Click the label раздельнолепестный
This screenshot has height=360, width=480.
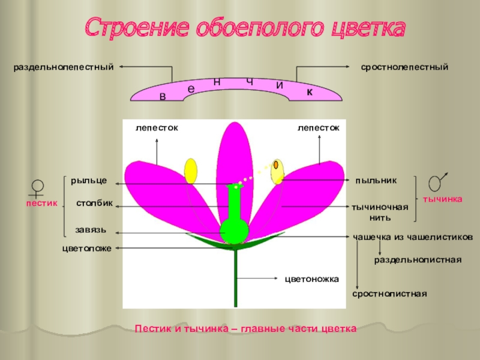pyautogui.click(x=64, y=67)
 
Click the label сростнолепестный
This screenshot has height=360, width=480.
pyautogui.click(x=404, y=67)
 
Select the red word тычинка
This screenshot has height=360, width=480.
pyautogui.click(x=443, y=199)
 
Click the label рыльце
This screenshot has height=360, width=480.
pyautogui.click(x=89, y=180)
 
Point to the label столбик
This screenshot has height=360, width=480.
pyautogui.click(x=94, y=203)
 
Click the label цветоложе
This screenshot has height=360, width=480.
pyautogui.click(x=87, y=248)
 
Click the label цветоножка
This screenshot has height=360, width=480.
pyautogui.click(x=311, y=279)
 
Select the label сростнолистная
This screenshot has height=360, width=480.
pyautogui.click(x=389, y=294)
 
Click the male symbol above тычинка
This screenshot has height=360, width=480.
pyautogui.click(x=438, y=182)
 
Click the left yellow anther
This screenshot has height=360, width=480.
pyautogui.click(x=191, y=171)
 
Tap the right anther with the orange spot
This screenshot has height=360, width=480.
pyautogui.click(x=277, y=170)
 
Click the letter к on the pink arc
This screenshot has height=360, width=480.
pyautogui.click(x=310, y=91)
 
